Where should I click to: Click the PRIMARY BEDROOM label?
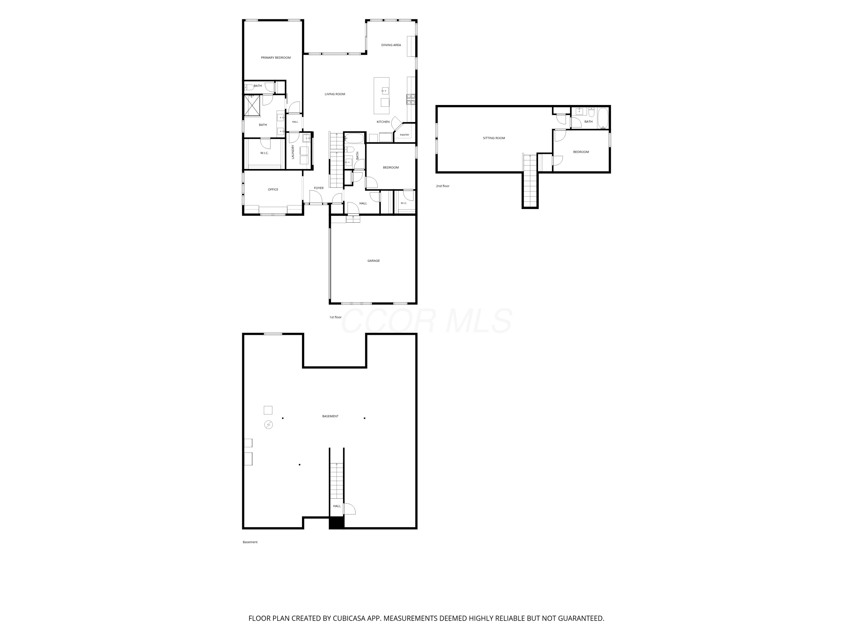[276, 58]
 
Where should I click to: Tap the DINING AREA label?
[391, 45]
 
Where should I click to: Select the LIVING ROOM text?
[335, 94]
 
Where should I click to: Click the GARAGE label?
[373, 261]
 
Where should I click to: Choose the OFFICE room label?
[273, 189]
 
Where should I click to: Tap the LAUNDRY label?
[293, 152]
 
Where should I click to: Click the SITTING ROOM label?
[494, 138]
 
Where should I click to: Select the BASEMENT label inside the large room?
[330, 416]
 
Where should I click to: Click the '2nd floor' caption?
[443, 186]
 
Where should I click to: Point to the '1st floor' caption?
[335, 317]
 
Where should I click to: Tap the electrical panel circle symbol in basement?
[268, 425]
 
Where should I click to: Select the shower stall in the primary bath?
[252, 106]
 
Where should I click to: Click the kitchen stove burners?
[411, 100]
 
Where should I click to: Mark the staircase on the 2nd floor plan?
[530, 181]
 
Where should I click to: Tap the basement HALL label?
[337, 506]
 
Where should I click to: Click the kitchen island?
[381, 96]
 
